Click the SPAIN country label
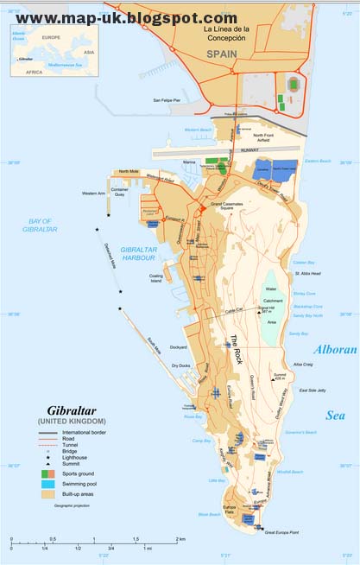[221, 53]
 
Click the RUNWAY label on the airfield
[249, 149]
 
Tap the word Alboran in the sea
[332, 350]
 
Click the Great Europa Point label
[285, 534]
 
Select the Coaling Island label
[155, 277]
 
